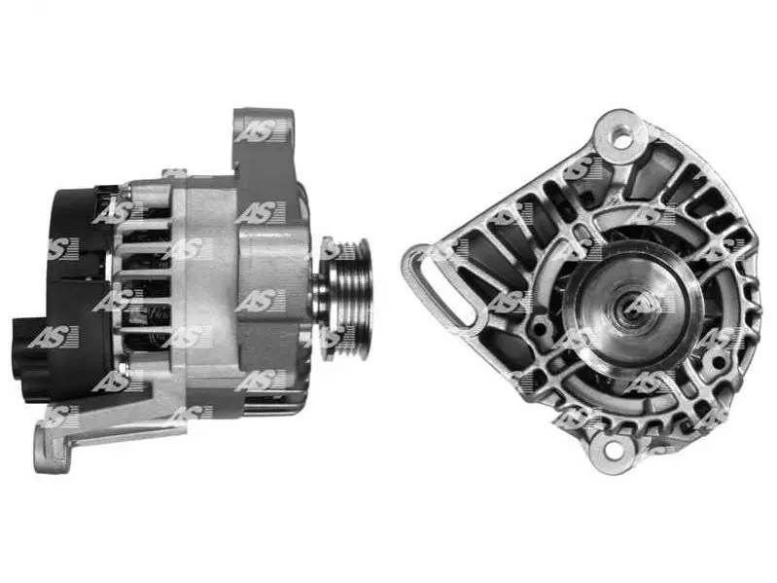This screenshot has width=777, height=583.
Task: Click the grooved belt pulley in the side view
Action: point(347,299)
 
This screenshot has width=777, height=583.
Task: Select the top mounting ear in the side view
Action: point(264,136)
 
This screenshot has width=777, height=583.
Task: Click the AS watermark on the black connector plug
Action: point(53,337)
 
